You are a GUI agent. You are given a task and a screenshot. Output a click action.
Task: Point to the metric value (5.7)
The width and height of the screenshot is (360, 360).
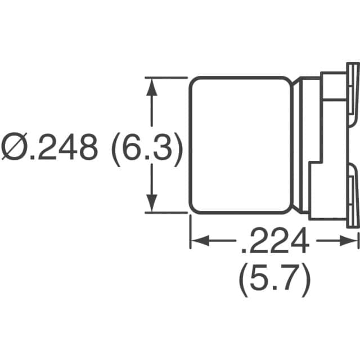(274, 280)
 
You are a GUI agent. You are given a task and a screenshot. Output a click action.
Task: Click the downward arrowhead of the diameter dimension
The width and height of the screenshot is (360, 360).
(151, 205)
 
